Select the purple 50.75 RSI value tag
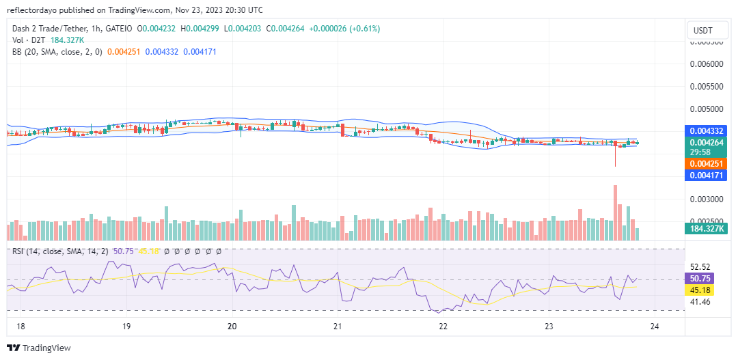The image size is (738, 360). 700,279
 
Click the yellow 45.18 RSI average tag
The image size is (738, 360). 700,290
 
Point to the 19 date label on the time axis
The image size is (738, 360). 126,327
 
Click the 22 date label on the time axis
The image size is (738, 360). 443,327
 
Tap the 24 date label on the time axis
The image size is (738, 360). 655,327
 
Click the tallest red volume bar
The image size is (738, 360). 616,212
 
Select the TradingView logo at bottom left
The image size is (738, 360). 39,348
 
